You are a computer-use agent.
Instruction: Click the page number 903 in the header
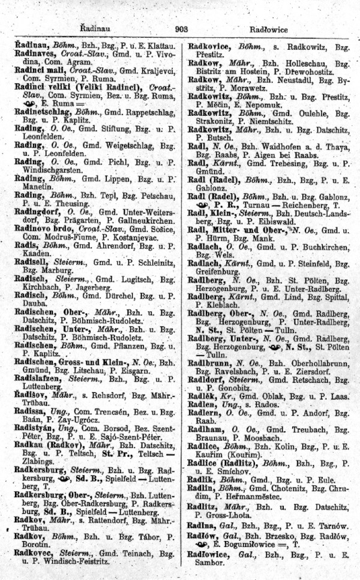pyautogui.click(x=182, y=29)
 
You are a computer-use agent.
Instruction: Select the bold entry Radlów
pyautogui.click(x=206, y=534)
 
